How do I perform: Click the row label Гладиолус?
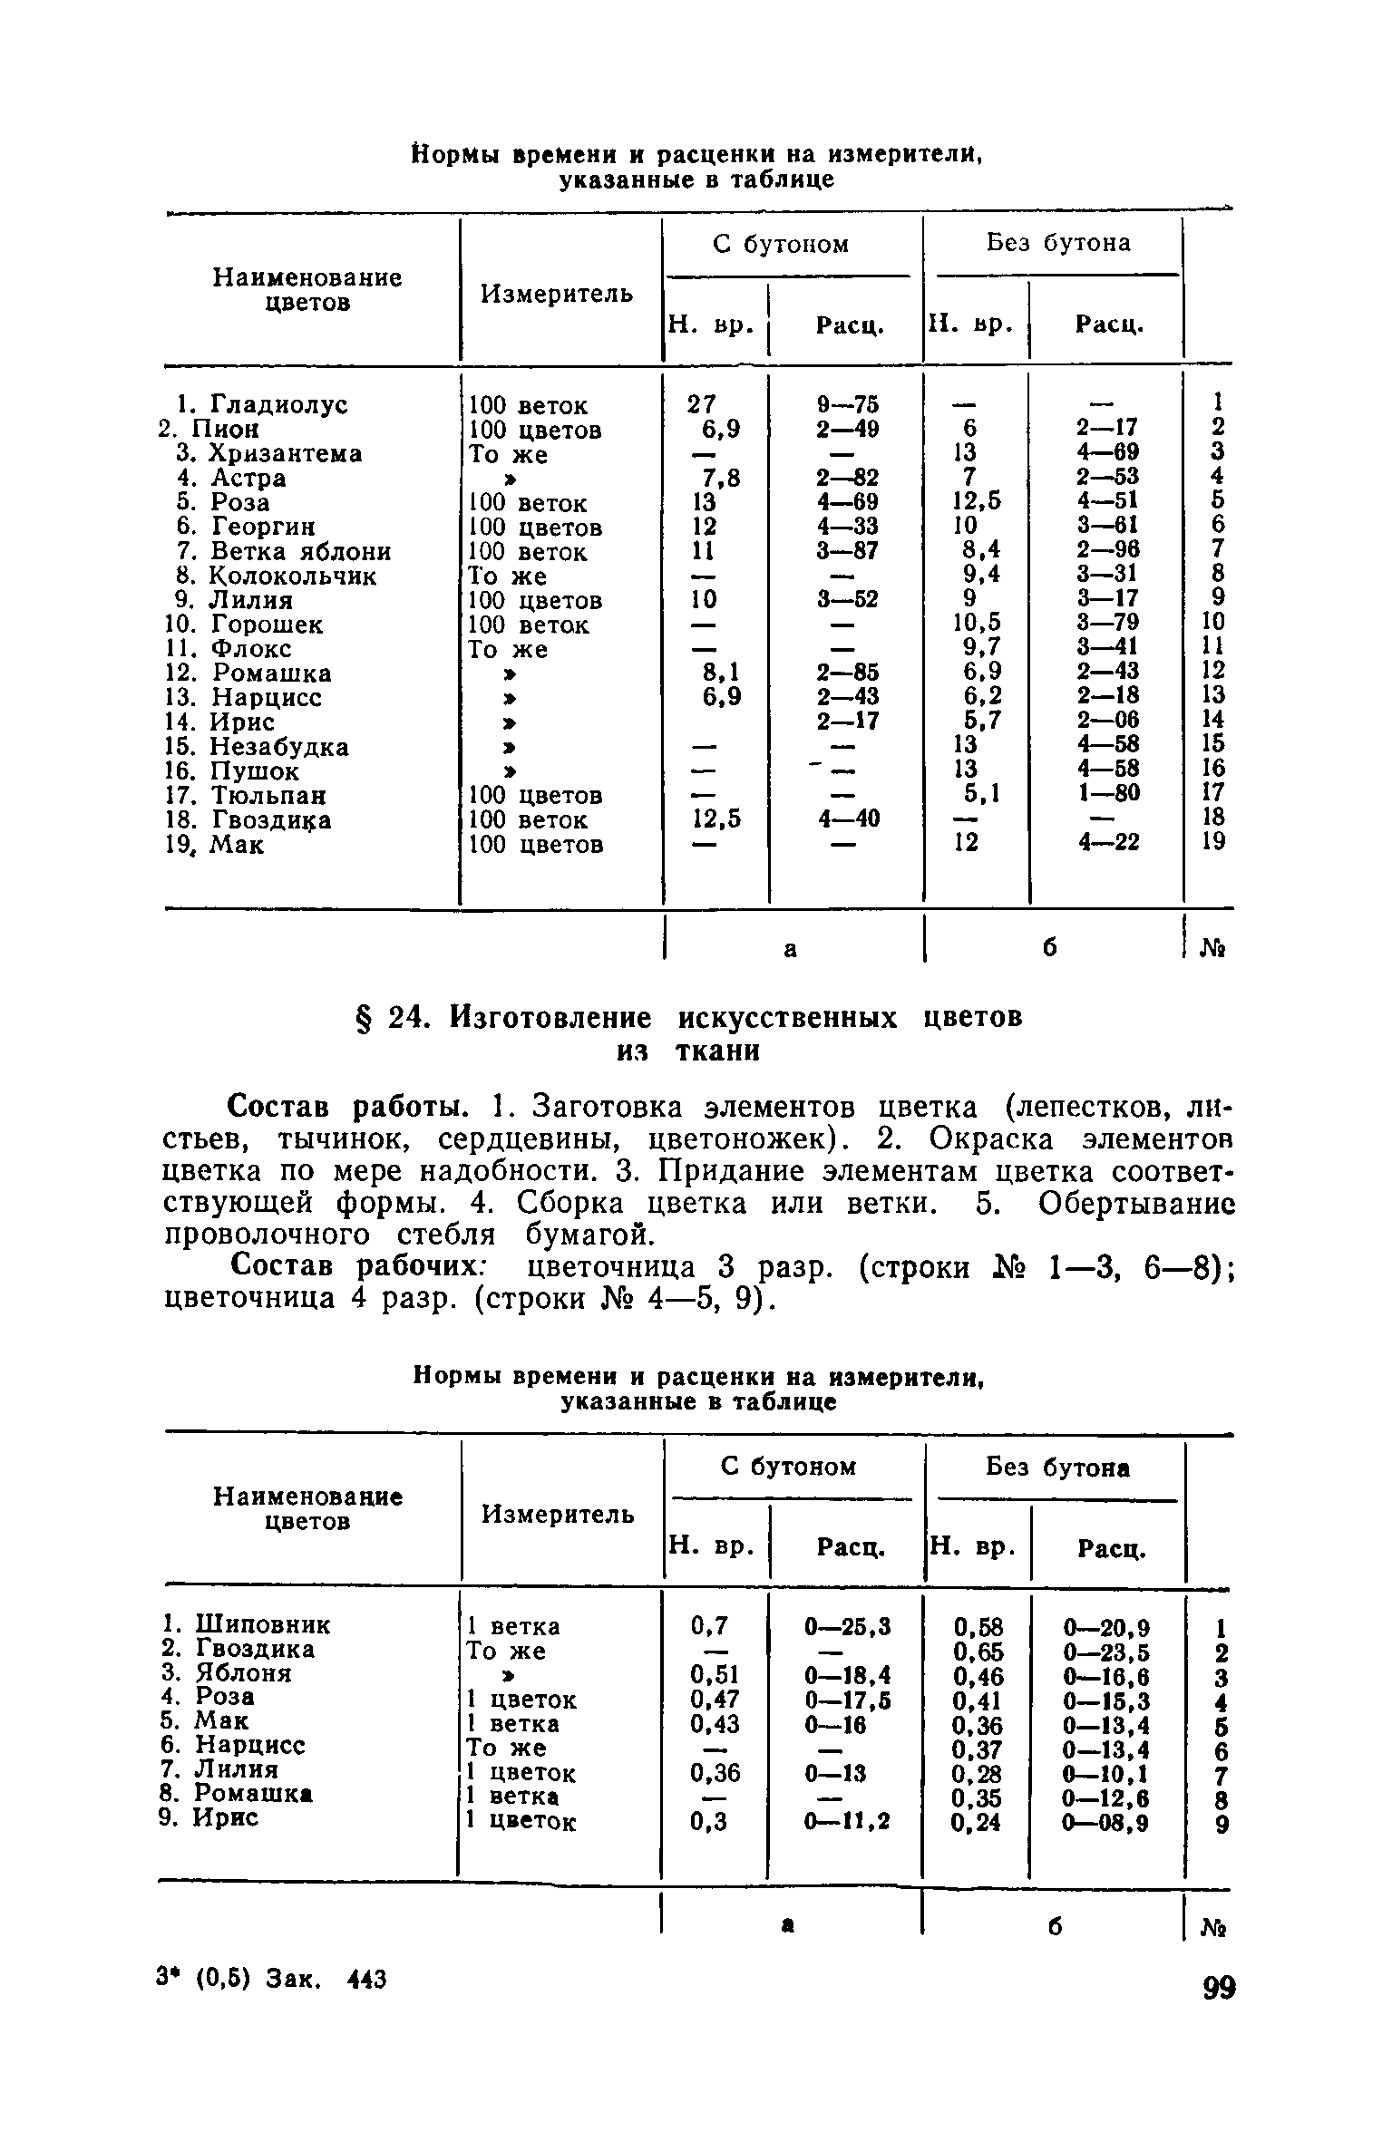click(278, 404)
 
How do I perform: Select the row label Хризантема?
click(286, 453)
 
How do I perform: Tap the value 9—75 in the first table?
click(847, 403)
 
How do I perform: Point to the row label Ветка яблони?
click(300, 551)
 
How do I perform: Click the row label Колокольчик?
click(292, 576)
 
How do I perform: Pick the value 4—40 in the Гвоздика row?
click(847, 819)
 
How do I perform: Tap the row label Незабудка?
click(279, 747)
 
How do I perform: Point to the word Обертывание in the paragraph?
click(1137, 1204)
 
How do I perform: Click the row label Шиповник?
click(263, 1623)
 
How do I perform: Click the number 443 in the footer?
click(367, 1981)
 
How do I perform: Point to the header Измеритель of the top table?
click(557, 294)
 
